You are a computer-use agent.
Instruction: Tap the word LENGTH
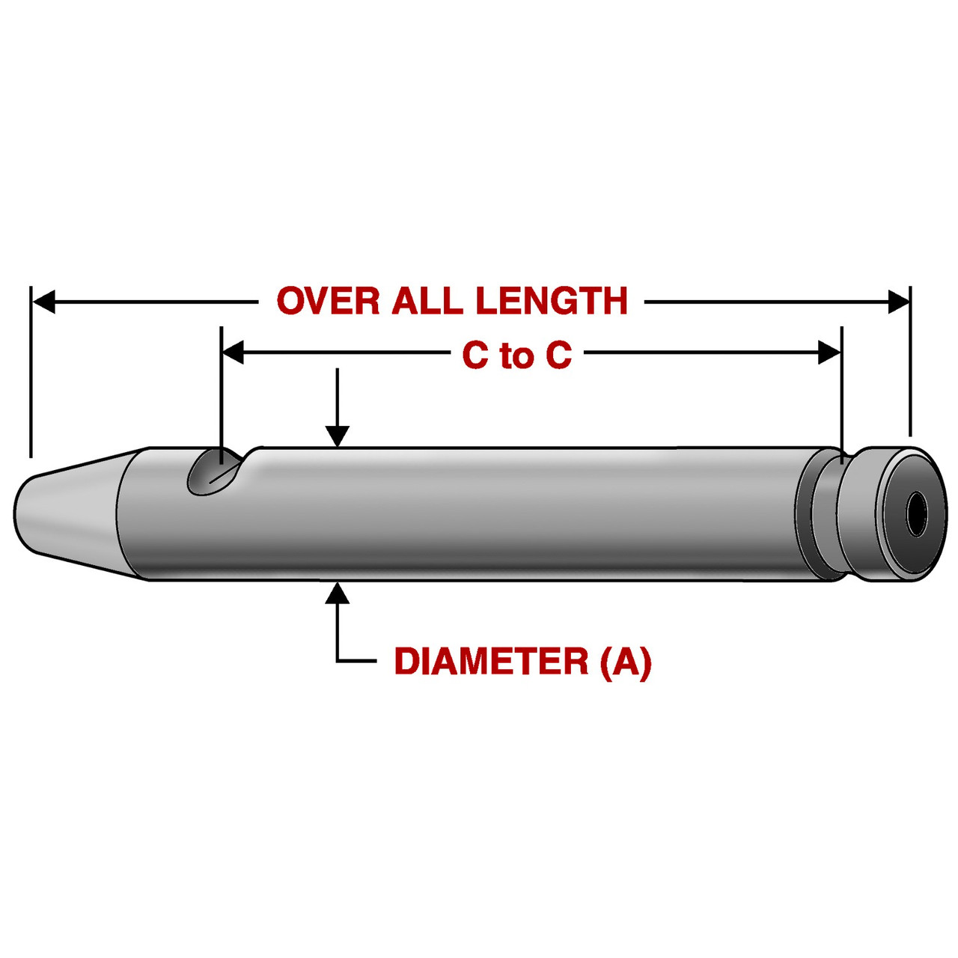(552, 301)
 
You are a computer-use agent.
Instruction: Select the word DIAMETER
(492, 662)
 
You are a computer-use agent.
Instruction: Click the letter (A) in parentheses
(626, 662)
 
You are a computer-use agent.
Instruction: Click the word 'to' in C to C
(516, 356)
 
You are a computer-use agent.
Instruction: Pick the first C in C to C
(475, 356)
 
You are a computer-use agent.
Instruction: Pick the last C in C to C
(558, 356)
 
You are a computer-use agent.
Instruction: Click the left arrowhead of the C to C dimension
(234, 352)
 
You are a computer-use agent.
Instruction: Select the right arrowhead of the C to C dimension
(830, 352)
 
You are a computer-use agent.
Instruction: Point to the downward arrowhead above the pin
(338, 436)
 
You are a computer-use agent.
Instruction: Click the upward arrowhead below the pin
(338, 593)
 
